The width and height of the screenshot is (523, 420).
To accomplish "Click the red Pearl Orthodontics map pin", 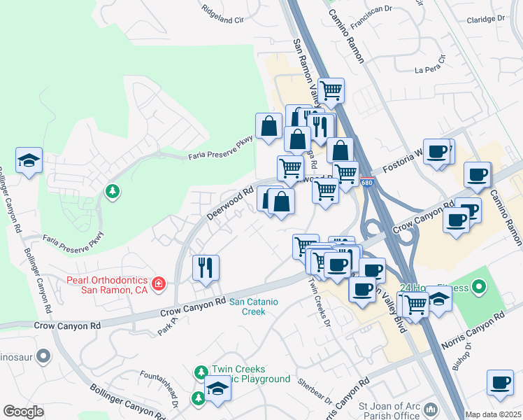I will pos(159,283).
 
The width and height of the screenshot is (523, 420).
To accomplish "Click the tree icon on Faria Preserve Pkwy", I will pos(111,190).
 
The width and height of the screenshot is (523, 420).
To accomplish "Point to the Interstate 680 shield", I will pos(368,183).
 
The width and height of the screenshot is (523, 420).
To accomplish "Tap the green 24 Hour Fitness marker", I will pos(478,286).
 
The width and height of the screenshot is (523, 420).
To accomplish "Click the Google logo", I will pos(24,412).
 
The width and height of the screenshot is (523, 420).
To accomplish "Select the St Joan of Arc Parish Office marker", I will pos(430,408).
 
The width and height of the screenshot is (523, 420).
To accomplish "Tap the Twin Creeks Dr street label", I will pos(320,300).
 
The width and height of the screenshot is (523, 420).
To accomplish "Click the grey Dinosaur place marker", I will pos(43,357).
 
